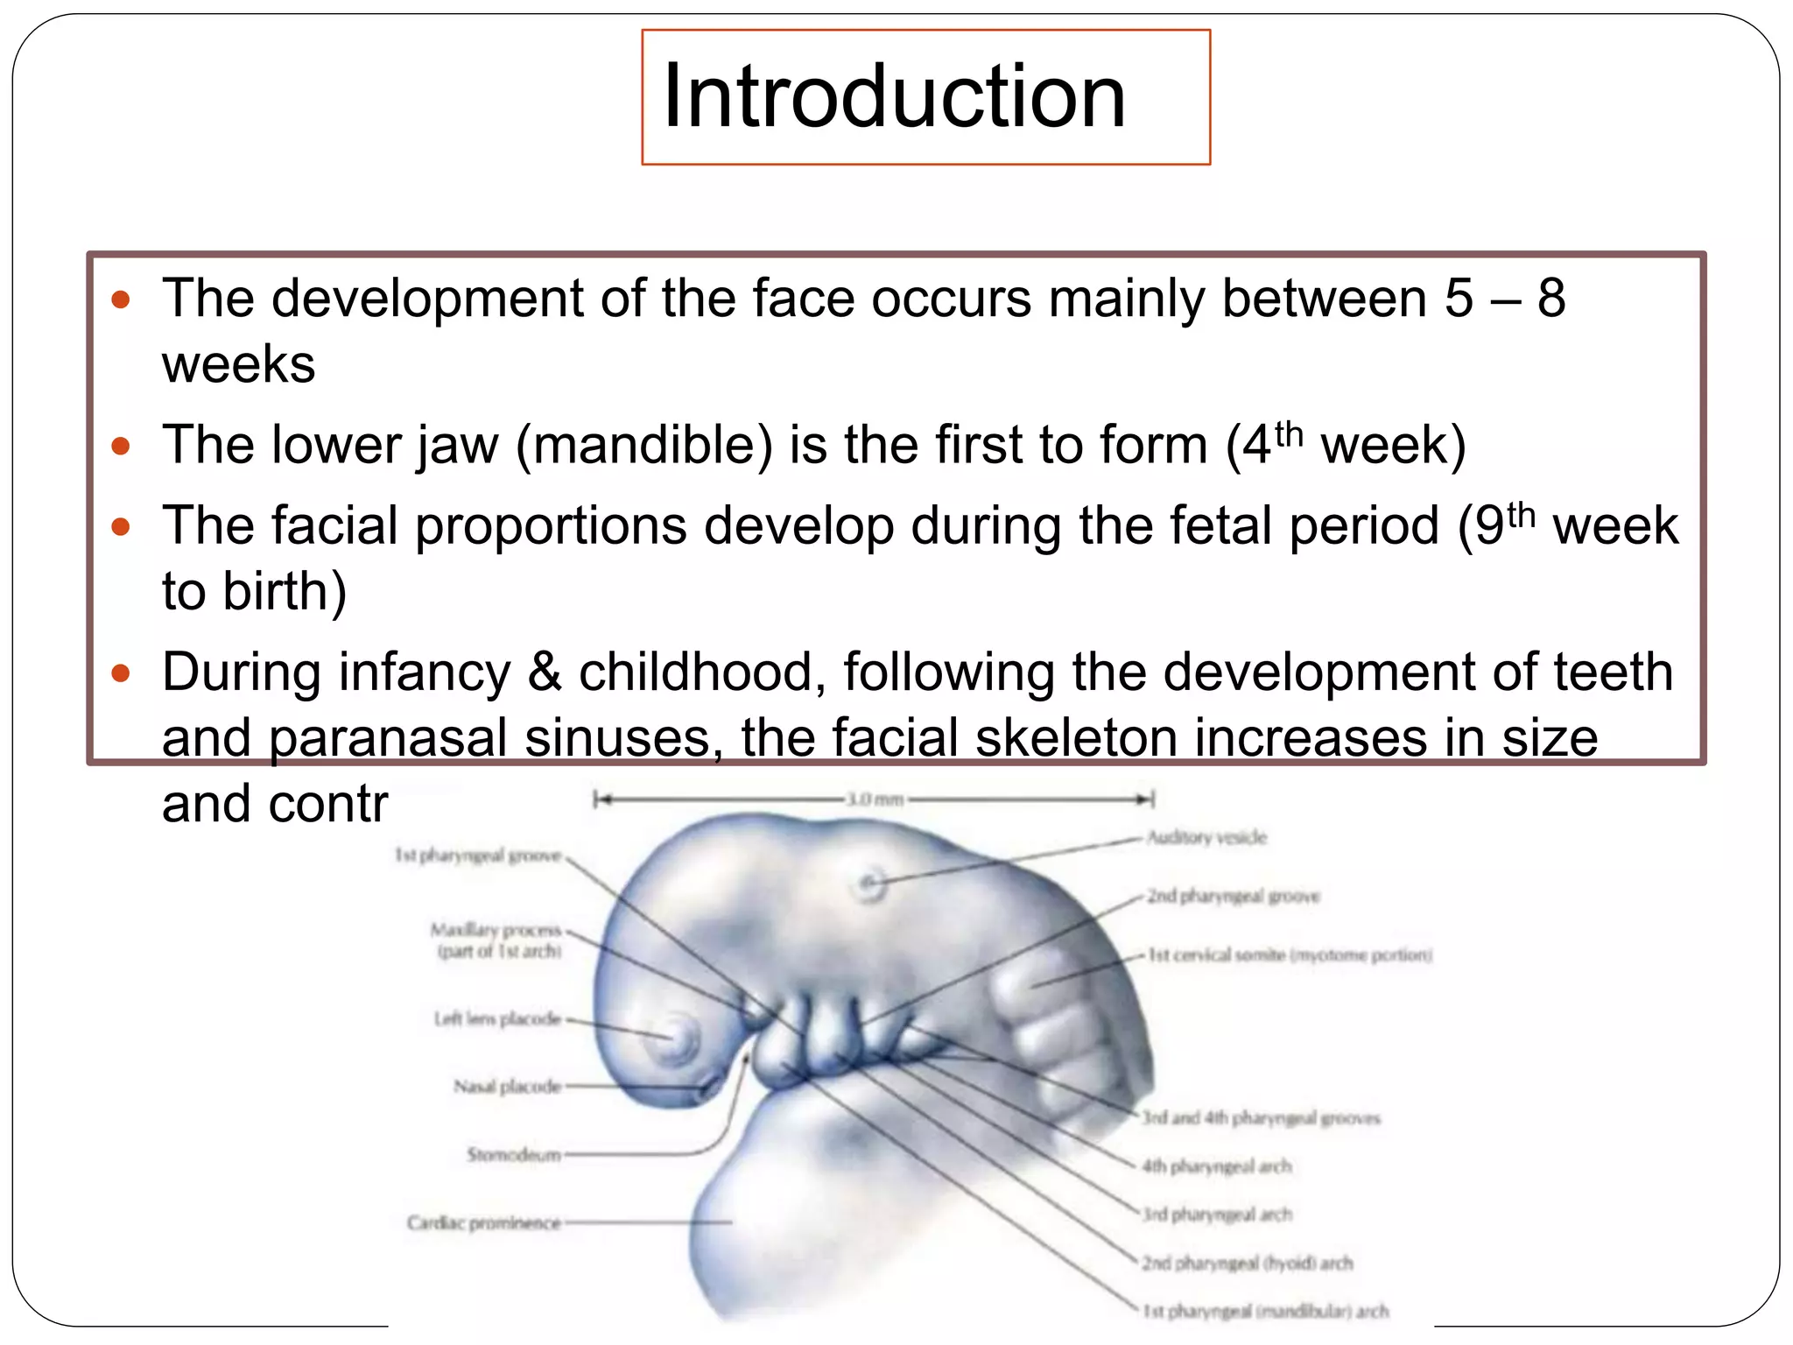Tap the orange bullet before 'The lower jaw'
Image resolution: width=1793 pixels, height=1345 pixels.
[121, 447]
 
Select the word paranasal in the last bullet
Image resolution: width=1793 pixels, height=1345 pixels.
[388, 737]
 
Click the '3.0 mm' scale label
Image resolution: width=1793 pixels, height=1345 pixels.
[874, 799]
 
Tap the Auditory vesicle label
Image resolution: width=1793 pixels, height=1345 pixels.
[1206, 838]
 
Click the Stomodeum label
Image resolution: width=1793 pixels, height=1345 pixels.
[514, 1155]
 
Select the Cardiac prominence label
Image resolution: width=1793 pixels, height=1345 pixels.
[483, 1222]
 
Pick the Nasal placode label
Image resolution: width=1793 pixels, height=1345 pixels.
[507, 1087]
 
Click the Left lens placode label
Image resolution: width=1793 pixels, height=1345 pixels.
[497, 1018]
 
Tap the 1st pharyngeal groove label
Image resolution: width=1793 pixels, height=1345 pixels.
[478, 856]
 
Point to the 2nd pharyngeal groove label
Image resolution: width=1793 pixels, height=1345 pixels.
[1233, 896]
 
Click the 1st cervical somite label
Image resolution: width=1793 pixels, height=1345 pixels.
[1290, 954]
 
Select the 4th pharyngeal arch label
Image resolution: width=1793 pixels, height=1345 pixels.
[1216, 1166]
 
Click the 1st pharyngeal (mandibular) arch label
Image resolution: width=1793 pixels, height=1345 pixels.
[1265, 1311]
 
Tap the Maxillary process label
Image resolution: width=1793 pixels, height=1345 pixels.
[496, 939]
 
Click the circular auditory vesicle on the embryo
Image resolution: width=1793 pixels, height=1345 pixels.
[870, 884]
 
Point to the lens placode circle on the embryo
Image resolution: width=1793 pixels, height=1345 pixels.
[677, 1039]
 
